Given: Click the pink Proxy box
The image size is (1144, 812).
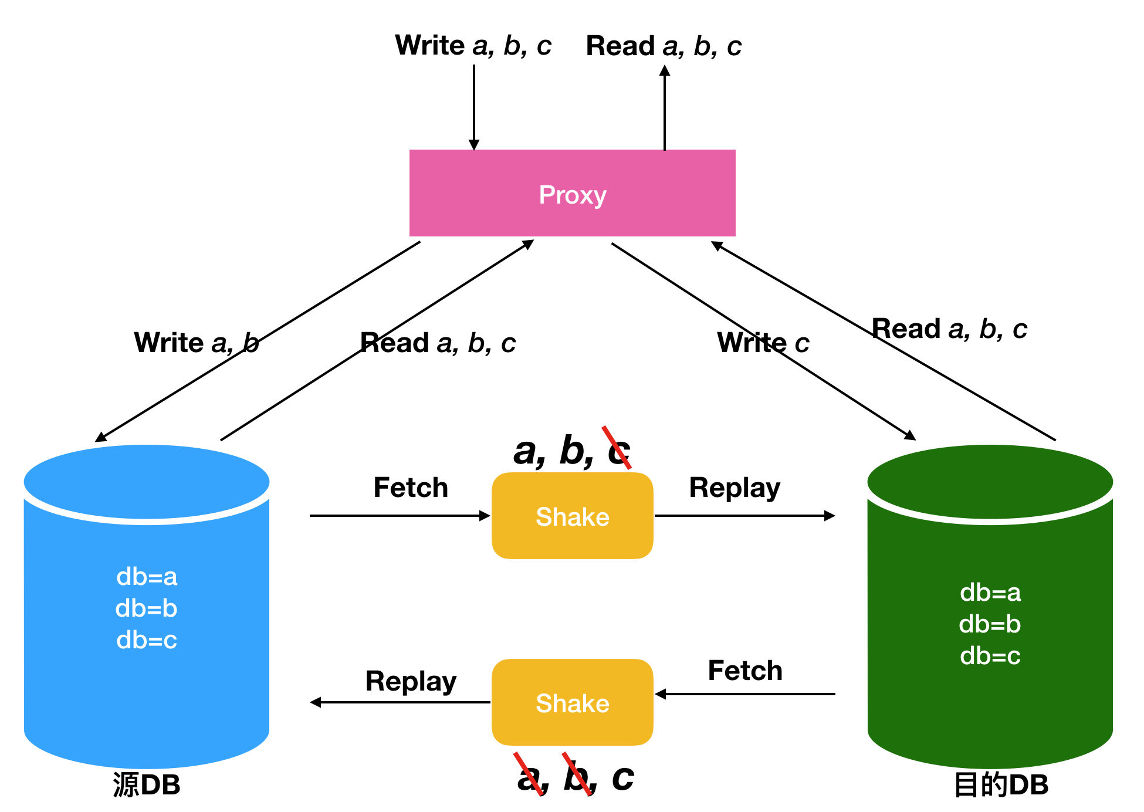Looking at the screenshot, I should coord(572,194).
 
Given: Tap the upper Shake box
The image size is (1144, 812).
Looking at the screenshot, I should coord(572,516).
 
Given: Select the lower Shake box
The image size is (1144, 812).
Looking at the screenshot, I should coord(572,702).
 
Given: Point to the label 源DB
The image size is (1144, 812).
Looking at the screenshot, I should coord(147,784).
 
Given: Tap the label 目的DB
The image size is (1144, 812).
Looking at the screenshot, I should coord(1001,784).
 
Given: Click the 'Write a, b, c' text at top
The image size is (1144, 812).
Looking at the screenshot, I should coord(473,46).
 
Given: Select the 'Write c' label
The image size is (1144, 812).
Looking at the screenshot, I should coord(763,343).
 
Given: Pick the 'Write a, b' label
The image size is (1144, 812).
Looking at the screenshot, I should coord(197,343).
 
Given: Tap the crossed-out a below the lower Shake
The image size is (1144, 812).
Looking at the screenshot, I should coord(530,777).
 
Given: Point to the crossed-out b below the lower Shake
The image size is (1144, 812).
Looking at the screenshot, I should coord(577,777).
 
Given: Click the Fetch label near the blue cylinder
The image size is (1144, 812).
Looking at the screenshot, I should coord(411,488).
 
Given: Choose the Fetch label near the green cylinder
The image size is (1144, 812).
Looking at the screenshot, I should coord(745,671).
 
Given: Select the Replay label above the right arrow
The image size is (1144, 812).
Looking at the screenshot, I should coord(735,488).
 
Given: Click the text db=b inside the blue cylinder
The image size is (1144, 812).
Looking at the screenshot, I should coord(147,608).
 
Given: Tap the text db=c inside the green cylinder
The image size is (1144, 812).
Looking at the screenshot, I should coord(990,656).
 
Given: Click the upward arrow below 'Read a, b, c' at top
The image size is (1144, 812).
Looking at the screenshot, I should coord(664,109).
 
